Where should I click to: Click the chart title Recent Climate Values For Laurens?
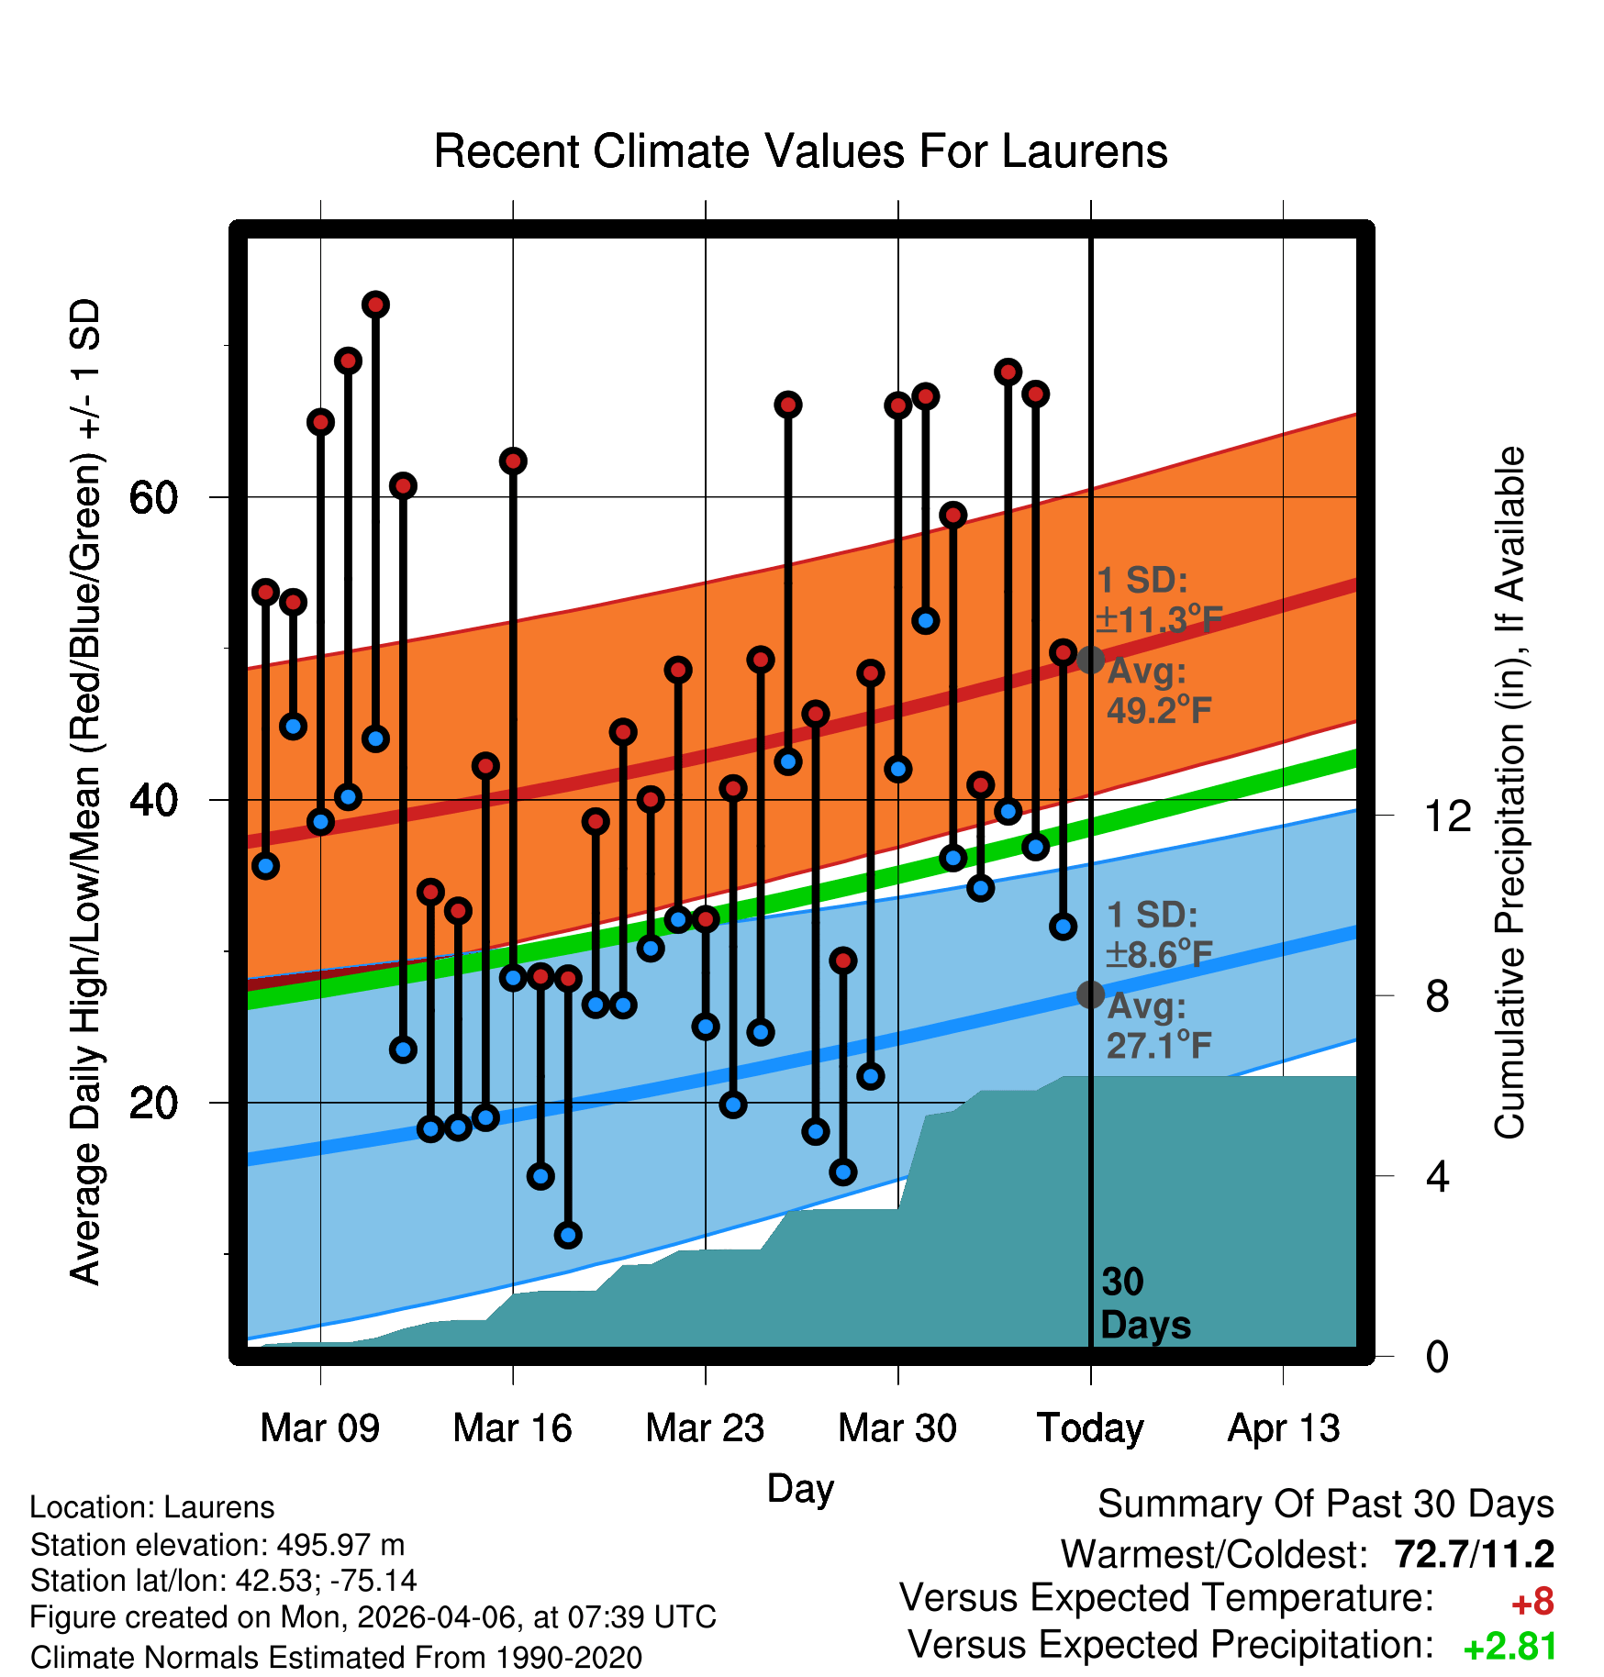pos(800,151)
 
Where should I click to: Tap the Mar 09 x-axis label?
pos(319,1428)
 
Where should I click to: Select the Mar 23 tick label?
pos(705,1428)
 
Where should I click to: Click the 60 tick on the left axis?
pos(153,498)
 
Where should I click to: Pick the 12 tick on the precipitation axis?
pos(1447,816)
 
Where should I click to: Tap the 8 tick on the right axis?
pos(1438,995)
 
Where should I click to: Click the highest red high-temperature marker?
pos(375,305)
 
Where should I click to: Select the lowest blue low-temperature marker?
pos(568,1235)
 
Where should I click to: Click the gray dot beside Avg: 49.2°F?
pos(1090,659)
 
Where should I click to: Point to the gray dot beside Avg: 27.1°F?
pos(1090,994)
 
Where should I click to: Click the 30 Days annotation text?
pos(1145,1304)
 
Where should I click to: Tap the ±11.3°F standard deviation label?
pos(1159,619)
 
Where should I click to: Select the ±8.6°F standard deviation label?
pos(1159,954)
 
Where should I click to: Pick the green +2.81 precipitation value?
pos(1510,1648)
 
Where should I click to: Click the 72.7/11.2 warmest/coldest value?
pos(1475,1554)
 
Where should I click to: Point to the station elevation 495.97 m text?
pos(217,1545)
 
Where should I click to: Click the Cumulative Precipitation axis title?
pos(1509,793)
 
